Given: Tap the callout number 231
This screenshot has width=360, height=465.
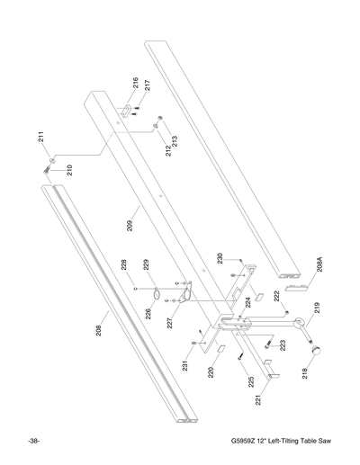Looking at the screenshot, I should point(182,364).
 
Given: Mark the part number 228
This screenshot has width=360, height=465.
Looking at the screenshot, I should point(125,266).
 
